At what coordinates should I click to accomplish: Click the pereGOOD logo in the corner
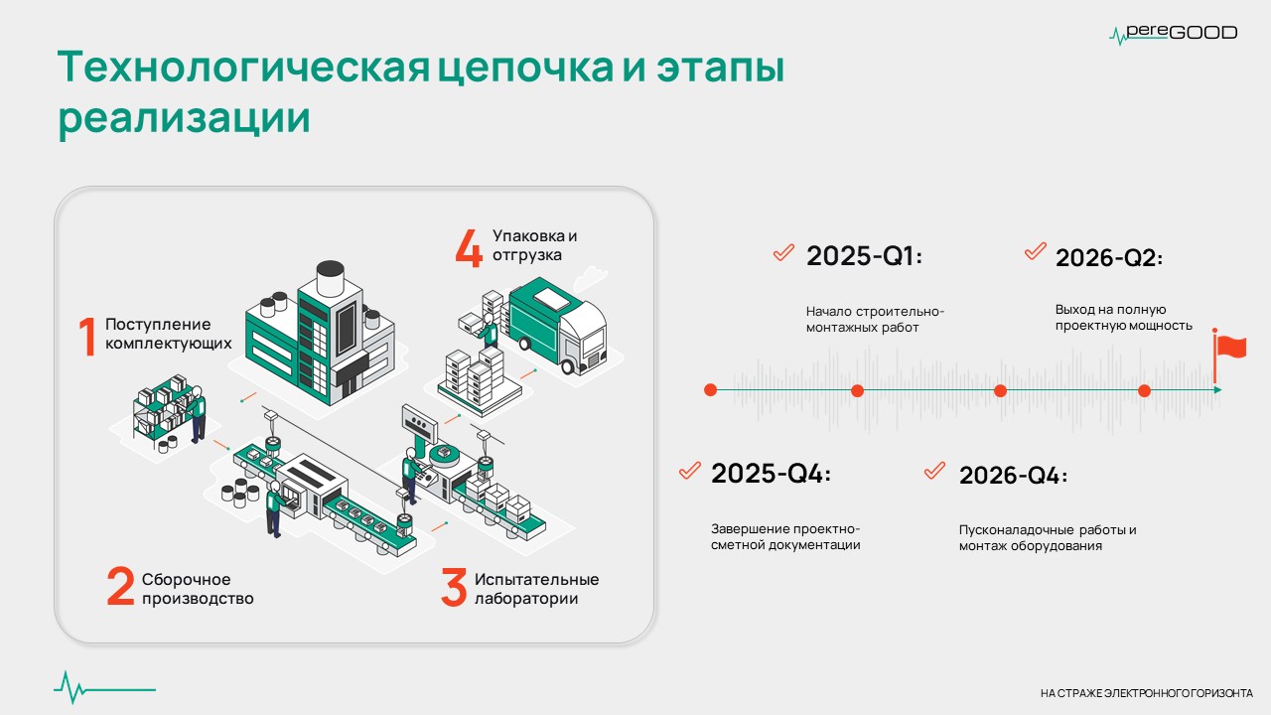[1174, 33]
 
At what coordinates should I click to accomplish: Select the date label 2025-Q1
[864, 256]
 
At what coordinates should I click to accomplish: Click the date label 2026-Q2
[1109, 258]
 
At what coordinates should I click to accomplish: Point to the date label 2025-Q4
[771, 474]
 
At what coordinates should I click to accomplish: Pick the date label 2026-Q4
[1013, 476]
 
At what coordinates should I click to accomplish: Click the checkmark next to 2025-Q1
[783, 252]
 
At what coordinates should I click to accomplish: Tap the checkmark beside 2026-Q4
[934, 471]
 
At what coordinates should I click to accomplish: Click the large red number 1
[86, 337]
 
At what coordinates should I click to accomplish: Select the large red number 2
[121, 586]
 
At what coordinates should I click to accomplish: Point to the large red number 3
[454, 587]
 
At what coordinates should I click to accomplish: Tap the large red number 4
[469, 247]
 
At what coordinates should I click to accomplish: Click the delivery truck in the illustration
[557, 326]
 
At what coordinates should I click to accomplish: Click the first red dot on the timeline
[710, 390]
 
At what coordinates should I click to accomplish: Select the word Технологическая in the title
[244, 67]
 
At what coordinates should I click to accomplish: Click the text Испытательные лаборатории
[537, 589]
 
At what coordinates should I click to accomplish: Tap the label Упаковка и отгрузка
[534, 245]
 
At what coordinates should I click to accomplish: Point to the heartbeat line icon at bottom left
[105, 688]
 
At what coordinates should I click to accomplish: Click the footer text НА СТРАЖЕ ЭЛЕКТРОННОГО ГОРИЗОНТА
[1147, 693]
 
